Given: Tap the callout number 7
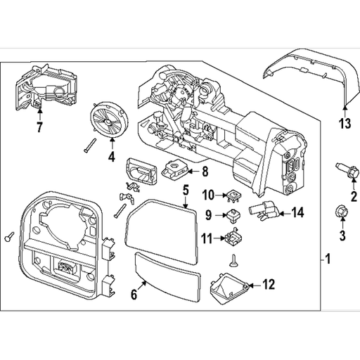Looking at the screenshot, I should click(39, 128).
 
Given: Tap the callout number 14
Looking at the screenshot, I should click(297, 211).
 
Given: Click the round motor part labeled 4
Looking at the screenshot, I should click(109, 117).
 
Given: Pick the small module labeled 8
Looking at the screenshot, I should click(174, 170).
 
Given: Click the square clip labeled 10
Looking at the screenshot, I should click(229, 195).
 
